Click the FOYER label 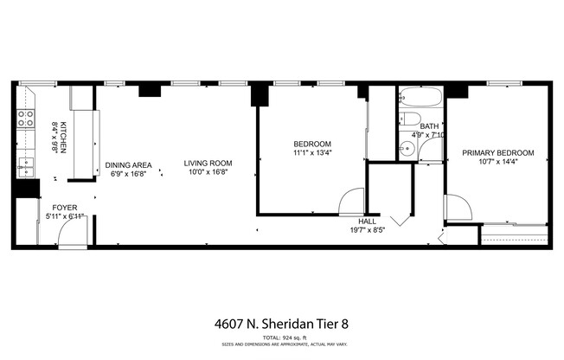65,209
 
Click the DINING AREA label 129,164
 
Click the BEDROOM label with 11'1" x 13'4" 312,144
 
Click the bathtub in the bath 420,98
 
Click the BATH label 430,125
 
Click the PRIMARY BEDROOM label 497,153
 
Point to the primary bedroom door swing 457,208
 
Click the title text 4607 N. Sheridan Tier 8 281,325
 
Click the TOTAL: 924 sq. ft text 281,337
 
